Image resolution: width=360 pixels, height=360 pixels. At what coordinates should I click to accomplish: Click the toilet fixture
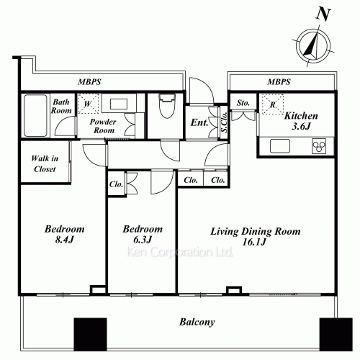click(x=167, y=106)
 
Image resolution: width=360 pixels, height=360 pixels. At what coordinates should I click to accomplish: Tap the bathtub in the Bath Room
click(x=35, y=116)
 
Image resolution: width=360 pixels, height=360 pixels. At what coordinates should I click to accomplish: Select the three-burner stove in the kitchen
click(x=319, y=146)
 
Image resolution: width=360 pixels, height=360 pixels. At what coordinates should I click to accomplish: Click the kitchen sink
click(x=280, y=146)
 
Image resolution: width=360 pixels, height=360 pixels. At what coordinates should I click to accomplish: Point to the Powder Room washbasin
click(x=119, y=104)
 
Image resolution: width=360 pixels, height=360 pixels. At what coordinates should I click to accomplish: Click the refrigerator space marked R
click(x=273, y=104)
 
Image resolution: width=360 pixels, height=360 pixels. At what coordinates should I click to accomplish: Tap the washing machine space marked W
click(x=88, y=104)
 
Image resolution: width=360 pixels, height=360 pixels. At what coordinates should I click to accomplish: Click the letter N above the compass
click(x=323, y=14)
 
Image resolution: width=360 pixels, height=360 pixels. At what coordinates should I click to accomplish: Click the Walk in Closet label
click(x=45, y=163)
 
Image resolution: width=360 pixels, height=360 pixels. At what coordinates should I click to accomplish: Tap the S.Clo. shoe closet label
click(x=224, y=122)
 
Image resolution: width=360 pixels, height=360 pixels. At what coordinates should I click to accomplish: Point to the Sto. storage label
click(x=243, y=103)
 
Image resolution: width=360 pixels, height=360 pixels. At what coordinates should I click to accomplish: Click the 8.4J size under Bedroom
click(x=64, y=240)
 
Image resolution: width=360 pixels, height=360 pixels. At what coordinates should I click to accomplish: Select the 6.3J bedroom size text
click(x=143, y=240)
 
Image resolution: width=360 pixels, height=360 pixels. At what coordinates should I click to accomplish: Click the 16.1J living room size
click(x=254, y=242)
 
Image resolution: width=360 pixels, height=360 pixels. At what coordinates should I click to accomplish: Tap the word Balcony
click(x=197, y=322)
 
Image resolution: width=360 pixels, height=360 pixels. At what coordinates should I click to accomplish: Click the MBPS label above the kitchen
click(x=279, y=82)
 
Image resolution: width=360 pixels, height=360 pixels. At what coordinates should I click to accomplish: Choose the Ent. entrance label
click(x=199, y=122)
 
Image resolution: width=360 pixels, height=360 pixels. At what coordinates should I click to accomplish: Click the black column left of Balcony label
click(x=90, y=335)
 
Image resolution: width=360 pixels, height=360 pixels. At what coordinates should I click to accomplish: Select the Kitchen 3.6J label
click(x=301, y=121)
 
